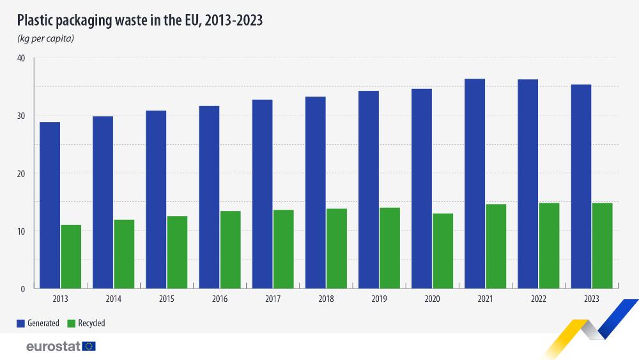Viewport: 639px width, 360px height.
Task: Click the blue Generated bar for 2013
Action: point(50,205)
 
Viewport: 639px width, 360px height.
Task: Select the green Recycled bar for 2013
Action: point(71,256)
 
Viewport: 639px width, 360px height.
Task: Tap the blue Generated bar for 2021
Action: point(475,183)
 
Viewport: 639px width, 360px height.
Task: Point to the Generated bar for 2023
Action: point(581,186)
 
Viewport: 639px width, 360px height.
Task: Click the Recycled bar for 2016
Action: point(231,249)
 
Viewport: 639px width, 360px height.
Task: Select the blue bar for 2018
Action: point(316,192)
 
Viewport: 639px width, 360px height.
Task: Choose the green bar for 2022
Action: point(549,246)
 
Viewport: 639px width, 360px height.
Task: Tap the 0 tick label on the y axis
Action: point(22,288)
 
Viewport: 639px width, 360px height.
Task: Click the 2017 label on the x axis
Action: point(273,299)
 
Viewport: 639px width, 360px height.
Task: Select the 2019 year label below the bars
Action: point(379,299)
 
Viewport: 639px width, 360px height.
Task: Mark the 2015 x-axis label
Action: point(167,299)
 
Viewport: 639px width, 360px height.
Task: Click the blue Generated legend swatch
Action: point(20,324)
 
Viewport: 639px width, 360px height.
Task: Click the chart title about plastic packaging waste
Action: point(140,20)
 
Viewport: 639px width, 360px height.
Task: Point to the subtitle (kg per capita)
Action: point(45,39)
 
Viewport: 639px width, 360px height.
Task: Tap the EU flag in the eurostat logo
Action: point(89,347)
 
